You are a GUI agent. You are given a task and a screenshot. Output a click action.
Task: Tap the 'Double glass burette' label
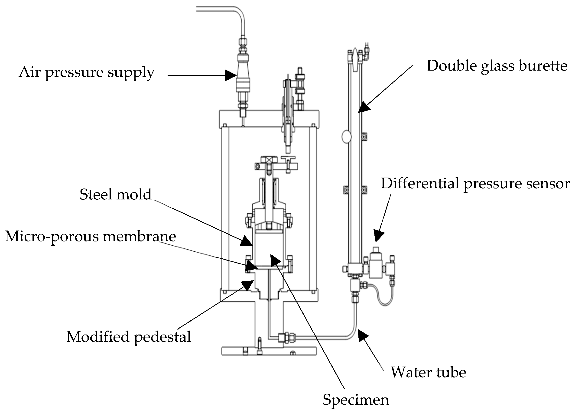497,66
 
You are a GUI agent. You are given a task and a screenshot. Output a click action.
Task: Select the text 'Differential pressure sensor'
475,184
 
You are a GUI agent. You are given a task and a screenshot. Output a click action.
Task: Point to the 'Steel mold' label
116,195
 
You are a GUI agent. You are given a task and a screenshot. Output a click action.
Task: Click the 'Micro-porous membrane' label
90,237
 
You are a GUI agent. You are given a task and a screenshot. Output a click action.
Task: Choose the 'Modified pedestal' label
129,337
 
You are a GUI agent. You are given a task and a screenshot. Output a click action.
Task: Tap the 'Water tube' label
428,372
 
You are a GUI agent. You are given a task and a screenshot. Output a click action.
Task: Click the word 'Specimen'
355,400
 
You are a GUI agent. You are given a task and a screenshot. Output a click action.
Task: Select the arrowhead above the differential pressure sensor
379,236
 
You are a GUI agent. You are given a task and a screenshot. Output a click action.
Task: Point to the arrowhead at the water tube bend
363,336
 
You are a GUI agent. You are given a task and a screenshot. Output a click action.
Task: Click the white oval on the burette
346,137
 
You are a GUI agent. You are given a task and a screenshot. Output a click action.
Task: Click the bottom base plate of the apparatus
269,351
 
